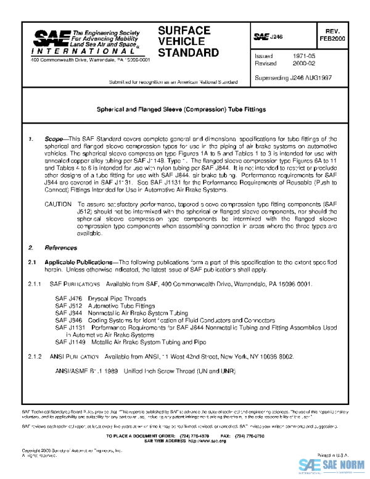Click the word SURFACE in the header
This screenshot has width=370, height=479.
click(184, 31)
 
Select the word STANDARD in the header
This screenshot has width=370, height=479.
click(188, 52)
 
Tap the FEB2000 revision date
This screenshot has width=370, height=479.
click(332, 38)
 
